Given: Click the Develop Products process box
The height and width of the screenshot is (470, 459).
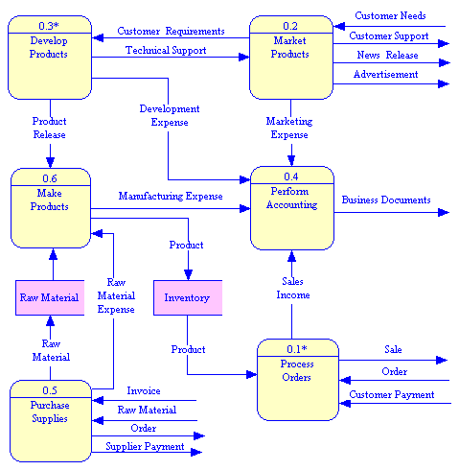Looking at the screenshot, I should tap(49, 58).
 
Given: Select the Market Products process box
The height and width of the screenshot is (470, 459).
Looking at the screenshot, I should tap(290, 58).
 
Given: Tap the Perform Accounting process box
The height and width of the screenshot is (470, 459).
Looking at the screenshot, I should tap(291, 207).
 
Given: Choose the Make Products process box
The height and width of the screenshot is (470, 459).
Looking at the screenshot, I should tap(50, 208).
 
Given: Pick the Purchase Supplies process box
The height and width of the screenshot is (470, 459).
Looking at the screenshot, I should tap(50, 420).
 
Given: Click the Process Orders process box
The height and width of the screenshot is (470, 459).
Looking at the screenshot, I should tap(297, 380).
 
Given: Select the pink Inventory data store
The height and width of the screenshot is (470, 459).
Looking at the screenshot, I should tap(187, 297).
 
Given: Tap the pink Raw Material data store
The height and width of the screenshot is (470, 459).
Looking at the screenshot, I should tap(49, 297).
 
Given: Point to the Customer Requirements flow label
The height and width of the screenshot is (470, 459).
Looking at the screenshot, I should tap(171, 32).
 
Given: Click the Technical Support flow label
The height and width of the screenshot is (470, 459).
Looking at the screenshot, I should tap(166, 50).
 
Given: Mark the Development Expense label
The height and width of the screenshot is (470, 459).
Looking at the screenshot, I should tap(169, 116).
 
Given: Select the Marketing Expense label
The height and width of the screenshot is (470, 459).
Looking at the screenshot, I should tap(289, 128).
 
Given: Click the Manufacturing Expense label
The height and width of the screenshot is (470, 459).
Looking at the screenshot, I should tap(171, 196).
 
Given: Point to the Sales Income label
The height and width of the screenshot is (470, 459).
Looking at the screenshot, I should tap(294, 288).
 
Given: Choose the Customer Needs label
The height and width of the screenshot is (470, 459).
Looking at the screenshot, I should tap(390, 15).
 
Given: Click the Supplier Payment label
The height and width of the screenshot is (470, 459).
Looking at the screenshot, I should tap(145, 447).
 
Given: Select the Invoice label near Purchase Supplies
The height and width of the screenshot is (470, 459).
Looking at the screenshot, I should tap(144, 390).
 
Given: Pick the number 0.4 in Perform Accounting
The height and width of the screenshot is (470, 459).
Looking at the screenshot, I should tap(291, 176).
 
